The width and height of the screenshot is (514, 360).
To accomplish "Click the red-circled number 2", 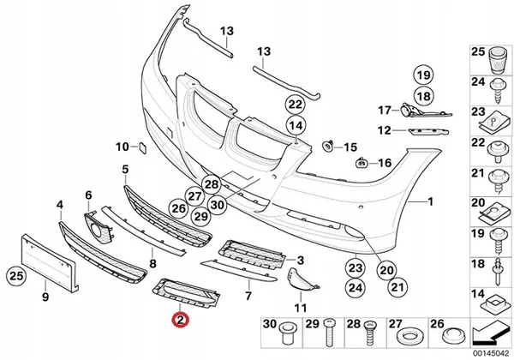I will click(179, 321).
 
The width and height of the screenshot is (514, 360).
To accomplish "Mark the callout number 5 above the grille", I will click(125, 170).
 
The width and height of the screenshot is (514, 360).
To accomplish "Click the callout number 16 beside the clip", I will click(384, 163).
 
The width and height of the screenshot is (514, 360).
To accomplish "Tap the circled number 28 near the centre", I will click(212, 183).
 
